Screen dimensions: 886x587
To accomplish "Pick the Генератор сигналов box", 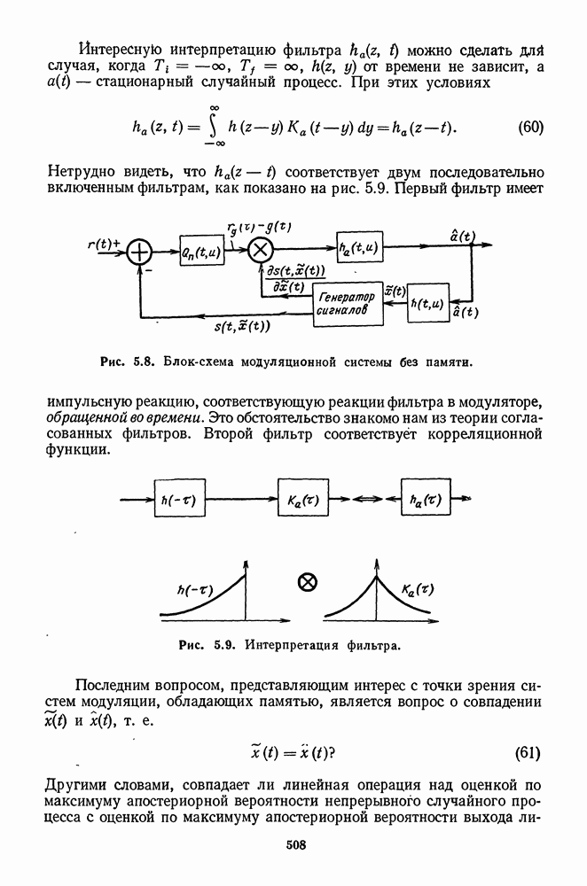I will [347, 307].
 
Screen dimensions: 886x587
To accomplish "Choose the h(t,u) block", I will [428, 304].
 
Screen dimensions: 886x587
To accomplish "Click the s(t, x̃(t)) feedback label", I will [242, 326].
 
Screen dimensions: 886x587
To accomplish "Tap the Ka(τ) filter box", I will [304, 501].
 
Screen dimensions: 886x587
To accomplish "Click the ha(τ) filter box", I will [427, 501].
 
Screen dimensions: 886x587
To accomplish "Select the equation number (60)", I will [529, 126].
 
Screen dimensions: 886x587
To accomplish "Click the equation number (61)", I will [528, 754].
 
